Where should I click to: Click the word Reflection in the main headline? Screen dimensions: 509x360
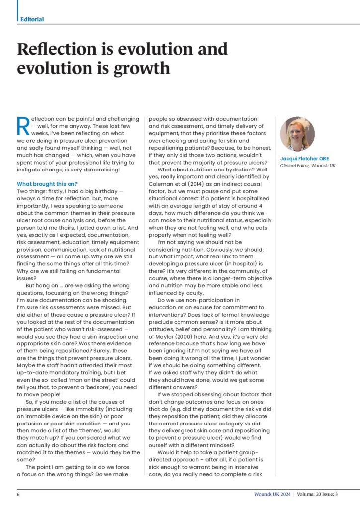tap(55, 49)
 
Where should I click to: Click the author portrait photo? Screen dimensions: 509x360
tap(297, 134)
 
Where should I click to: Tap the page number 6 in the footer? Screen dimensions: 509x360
tap(18, 494)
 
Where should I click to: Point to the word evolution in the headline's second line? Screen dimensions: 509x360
tap(61, 68)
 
